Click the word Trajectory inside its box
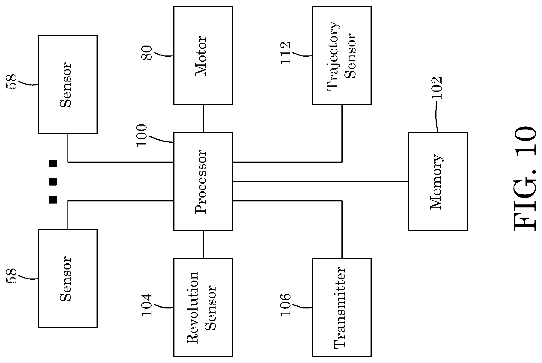[333, 55]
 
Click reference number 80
[147, 53]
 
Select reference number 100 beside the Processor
[141, 135]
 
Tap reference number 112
[285, 53]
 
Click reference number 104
[147, 305]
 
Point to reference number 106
[285, 305]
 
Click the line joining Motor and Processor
[203, 119]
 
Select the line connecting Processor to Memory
[320, 181]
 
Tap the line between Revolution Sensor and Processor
[203, 244]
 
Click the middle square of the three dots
[53, 181]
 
